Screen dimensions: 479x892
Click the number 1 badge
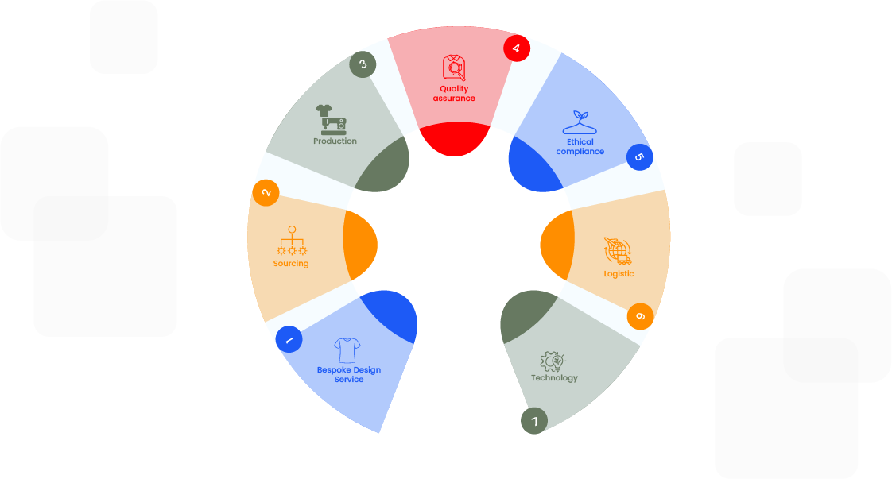289,339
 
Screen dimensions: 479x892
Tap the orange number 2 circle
266,192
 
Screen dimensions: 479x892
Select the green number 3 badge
363,64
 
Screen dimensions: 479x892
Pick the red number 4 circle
517,48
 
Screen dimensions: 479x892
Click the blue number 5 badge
639,156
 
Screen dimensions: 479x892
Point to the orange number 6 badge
640,317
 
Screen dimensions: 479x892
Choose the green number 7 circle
534,420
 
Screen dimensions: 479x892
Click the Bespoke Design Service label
349,375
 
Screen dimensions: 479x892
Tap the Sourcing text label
291,264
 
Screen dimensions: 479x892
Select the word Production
335,141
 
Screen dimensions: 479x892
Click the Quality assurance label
454,94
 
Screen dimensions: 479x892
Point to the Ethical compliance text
580,147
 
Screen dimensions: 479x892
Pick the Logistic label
619,274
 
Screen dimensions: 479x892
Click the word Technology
554,378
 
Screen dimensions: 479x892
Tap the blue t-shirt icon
347,350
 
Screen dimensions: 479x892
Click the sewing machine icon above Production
331,119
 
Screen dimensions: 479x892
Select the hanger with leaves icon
579,122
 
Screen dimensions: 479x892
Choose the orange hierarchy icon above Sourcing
292,241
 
